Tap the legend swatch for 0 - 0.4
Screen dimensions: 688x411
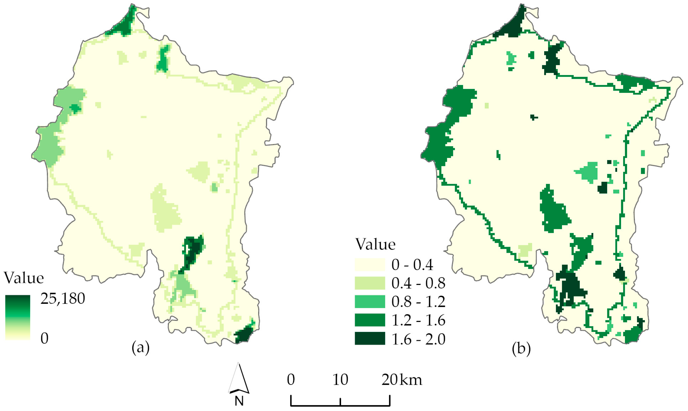point(370,264)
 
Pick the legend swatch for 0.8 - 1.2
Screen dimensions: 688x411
point(370,301)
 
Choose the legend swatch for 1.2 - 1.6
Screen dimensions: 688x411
point(370,320)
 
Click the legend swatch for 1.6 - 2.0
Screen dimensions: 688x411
point(370,338)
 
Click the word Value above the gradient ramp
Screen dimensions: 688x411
point(24,278)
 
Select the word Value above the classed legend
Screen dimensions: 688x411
point(375,244)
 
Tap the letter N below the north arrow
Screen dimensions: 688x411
point(239,401)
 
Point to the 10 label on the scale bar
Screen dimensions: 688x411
point(340,380)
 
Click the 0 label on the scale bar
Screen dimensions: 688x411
point(291,380)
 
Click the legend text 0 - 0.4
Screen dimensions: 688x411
point(412,265)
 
